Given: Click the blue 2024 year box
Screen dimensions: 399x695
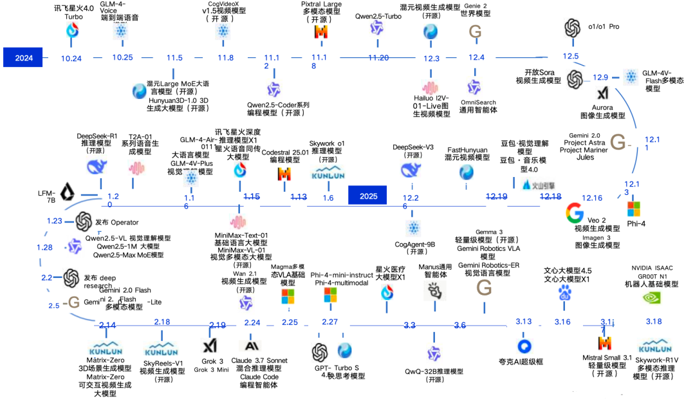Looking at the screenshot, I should coord(24,57).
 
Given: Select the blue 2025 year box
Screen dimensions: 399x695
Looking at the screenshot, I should coord(369,195).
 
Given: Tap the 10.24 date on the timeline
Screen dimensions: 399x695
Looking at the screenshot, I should coord(71,58).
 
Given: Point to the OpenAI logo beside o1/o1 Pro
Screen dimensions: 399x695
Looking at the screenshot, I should coord(573,28).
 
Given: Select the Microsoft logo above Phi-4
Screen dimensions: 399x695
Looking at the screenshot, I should coord(634,209).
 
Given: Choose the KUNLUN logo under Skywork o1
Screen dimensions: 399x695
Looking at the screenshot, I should coord(328,173).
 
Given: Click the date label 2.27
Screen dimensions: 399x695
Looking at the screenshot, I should coord(329,321).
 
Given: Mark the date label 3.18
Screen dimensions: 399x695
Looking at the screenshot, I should coord(654,321).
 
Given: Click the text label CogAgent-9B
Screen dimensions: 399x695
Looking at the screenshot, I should coord(415,245).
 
